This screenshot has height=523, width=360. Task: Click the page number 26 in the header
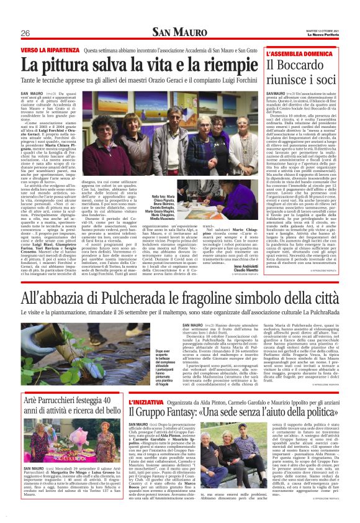click(x=25, y=33)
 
